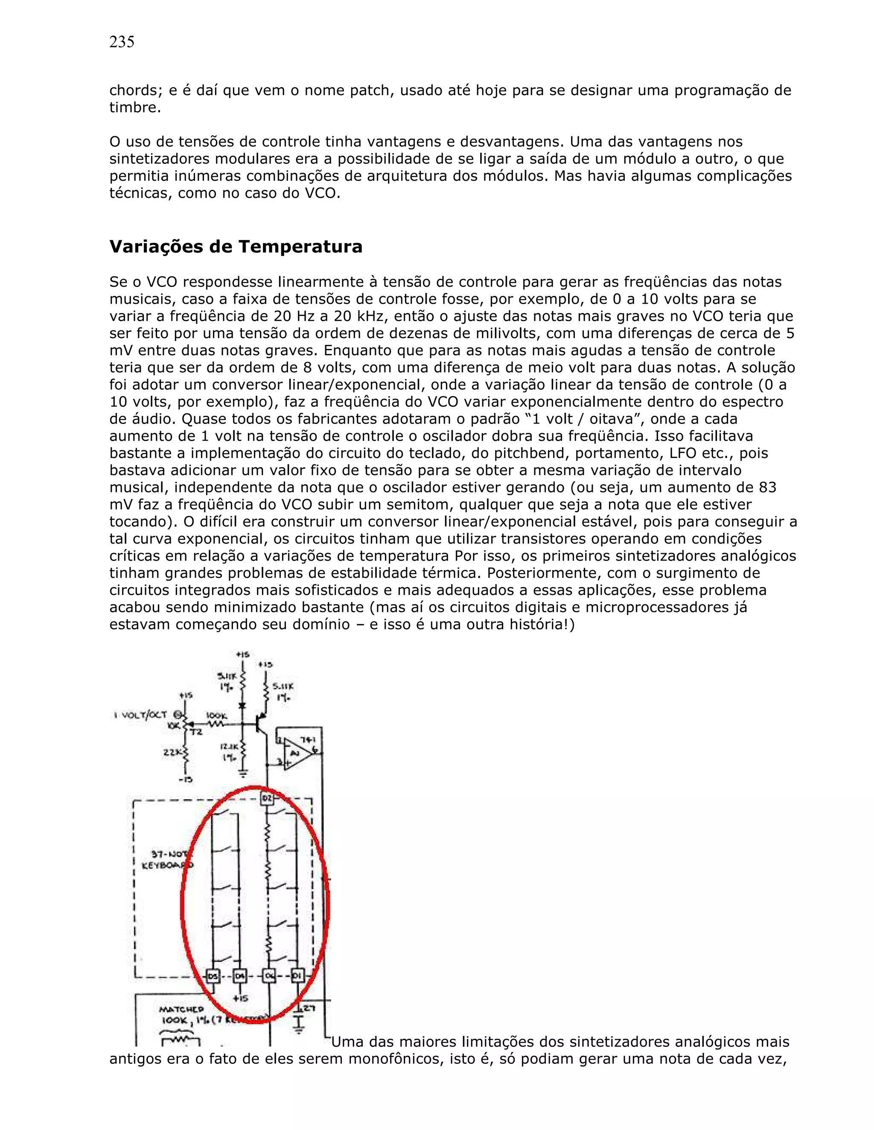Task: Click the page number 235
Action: tap(122, 42)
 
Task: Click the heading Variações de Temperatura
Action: tap(236, 246)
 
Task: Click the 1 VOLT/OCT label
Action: tap(141, 715)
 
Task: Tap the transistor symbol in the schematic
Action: tap(262, 723)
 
